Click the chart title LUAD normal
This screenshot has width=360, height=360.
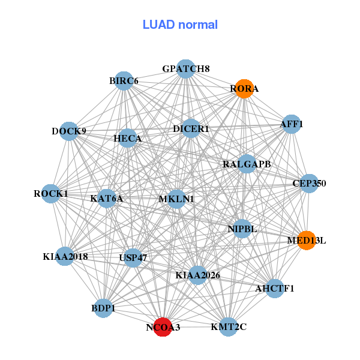180,25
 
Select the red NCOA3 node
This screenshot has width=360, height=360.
163,327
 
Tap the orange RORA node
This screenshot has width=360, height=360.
244,89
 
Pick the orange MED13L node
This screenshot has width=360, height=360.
306,241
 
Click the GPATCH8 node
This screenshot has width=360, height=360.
185,69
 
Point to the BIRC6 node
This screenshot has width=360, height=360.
124,81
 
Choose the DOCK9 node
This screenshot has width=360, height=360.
69,131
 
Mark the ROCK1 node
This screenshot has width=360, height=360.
51,194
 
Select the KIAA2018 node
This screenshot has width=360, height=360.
65,256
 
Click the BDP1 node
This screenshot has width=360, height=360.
103,308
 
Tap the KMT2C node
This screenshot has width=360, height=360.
229,326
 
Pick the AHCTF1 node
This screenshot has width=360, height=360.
275,289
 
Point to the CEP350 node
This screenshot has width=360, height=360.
308,183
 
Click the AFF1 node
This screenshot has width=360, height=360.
291,124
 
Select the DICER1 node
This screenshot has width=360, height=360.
191,128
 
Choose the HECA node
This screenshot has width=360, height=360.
127,139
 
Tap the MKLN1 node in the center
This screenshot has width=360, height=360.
176,199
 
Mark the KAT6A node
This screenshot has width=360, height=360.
107,197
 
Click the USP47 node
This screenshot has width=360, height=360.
133,258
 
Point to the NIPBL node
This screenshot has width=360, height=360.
242,229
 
